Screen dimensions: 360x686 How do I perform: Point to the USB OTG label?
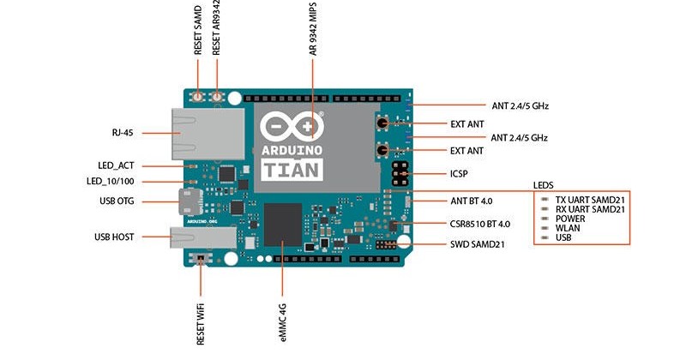pos(117,201)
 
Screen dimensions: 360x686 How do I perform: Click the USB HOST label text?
pos(114,237)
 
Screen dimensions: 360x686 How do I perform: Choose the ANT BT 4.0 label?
pos(472,201)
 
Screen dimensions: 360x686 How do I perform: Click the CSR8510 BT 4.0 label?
pos(480,224)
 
